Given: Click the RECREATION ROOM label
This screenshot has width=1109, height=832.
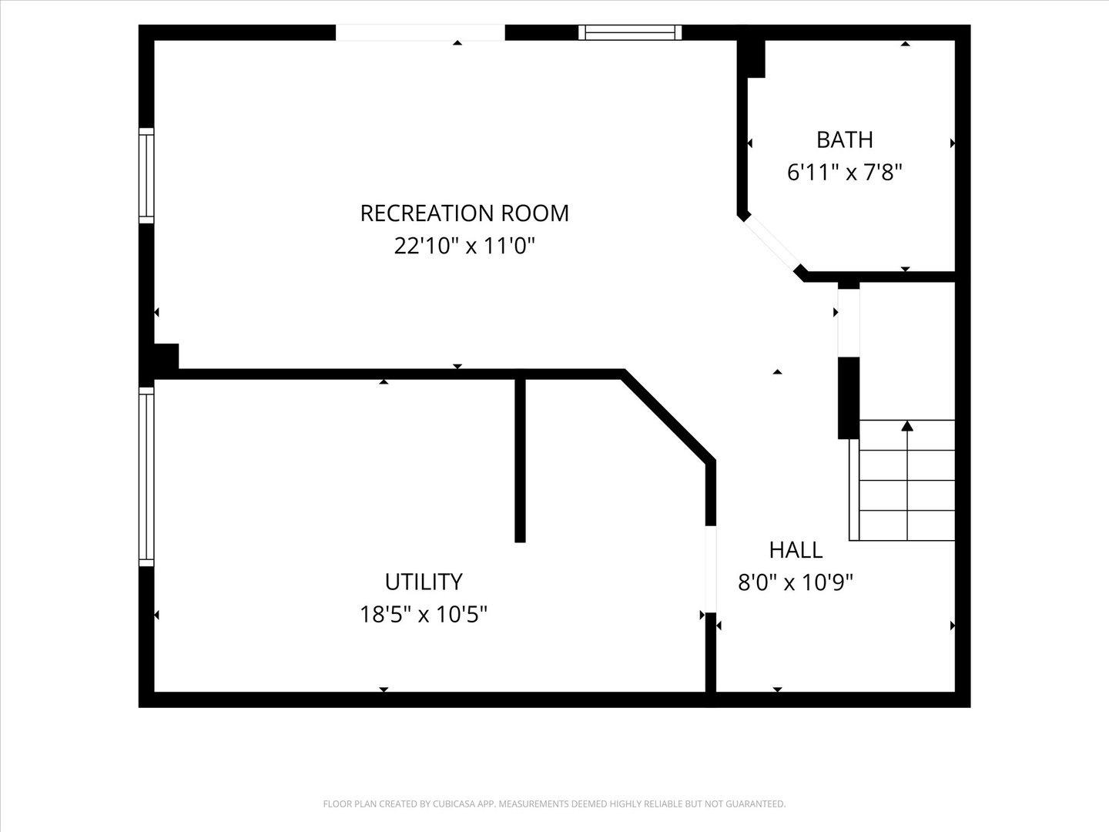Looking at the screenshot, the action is (464, 213).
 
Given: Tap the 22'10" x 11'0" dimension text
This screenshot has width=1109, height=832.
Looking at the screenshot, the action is (464, 247).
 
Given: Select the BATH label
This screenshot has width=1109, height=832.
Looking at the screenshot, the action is (845, 140).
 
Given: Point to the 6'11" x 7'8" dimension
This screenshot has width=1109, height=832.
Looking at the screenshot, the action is (845, 173).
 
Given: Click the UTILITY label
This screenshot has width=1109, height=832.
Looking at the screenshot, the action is (424, 582).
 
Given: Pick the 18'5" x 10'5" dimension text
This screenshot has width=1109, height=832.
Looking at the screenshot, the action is (424, 615).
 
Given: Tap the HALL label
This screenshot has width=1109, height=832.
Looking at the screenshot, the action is (796, 550).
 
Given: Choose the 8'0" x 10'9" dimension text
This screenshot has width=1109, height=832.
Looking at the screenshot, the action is (796, 582).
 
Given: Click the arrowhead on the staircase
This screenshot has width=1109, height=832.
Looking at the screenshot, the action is (907, 426).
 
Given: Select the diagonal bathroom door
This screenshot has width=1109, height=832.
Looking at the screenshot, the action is (772, 243).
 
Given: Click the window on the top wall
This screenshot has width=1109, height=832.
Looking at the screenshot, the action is (630, 32).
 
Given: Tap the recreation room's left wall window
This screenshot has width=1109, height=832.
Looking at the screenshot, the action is (146, 176).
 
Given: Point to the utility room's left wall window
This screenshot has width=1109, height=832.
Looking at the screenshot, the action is (146, 477).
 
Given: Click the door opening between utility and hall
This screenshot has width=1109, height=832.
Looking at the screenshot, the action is (711, 569).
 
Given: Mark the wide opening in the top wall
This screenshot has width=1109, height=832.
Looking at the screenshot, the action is (420, 32).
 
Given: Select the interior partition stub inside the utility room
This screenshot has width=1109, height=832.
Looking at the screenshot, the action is (520, 460).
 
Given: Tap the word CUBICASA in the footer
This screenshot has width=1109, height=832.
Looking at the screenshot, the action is (453, 803).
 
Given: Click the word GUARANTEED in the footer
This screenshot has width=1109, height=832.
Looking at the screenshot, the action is (759, 803).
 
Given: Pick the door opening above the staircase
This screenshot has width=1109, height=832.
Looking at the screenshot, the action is (849, 323).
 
